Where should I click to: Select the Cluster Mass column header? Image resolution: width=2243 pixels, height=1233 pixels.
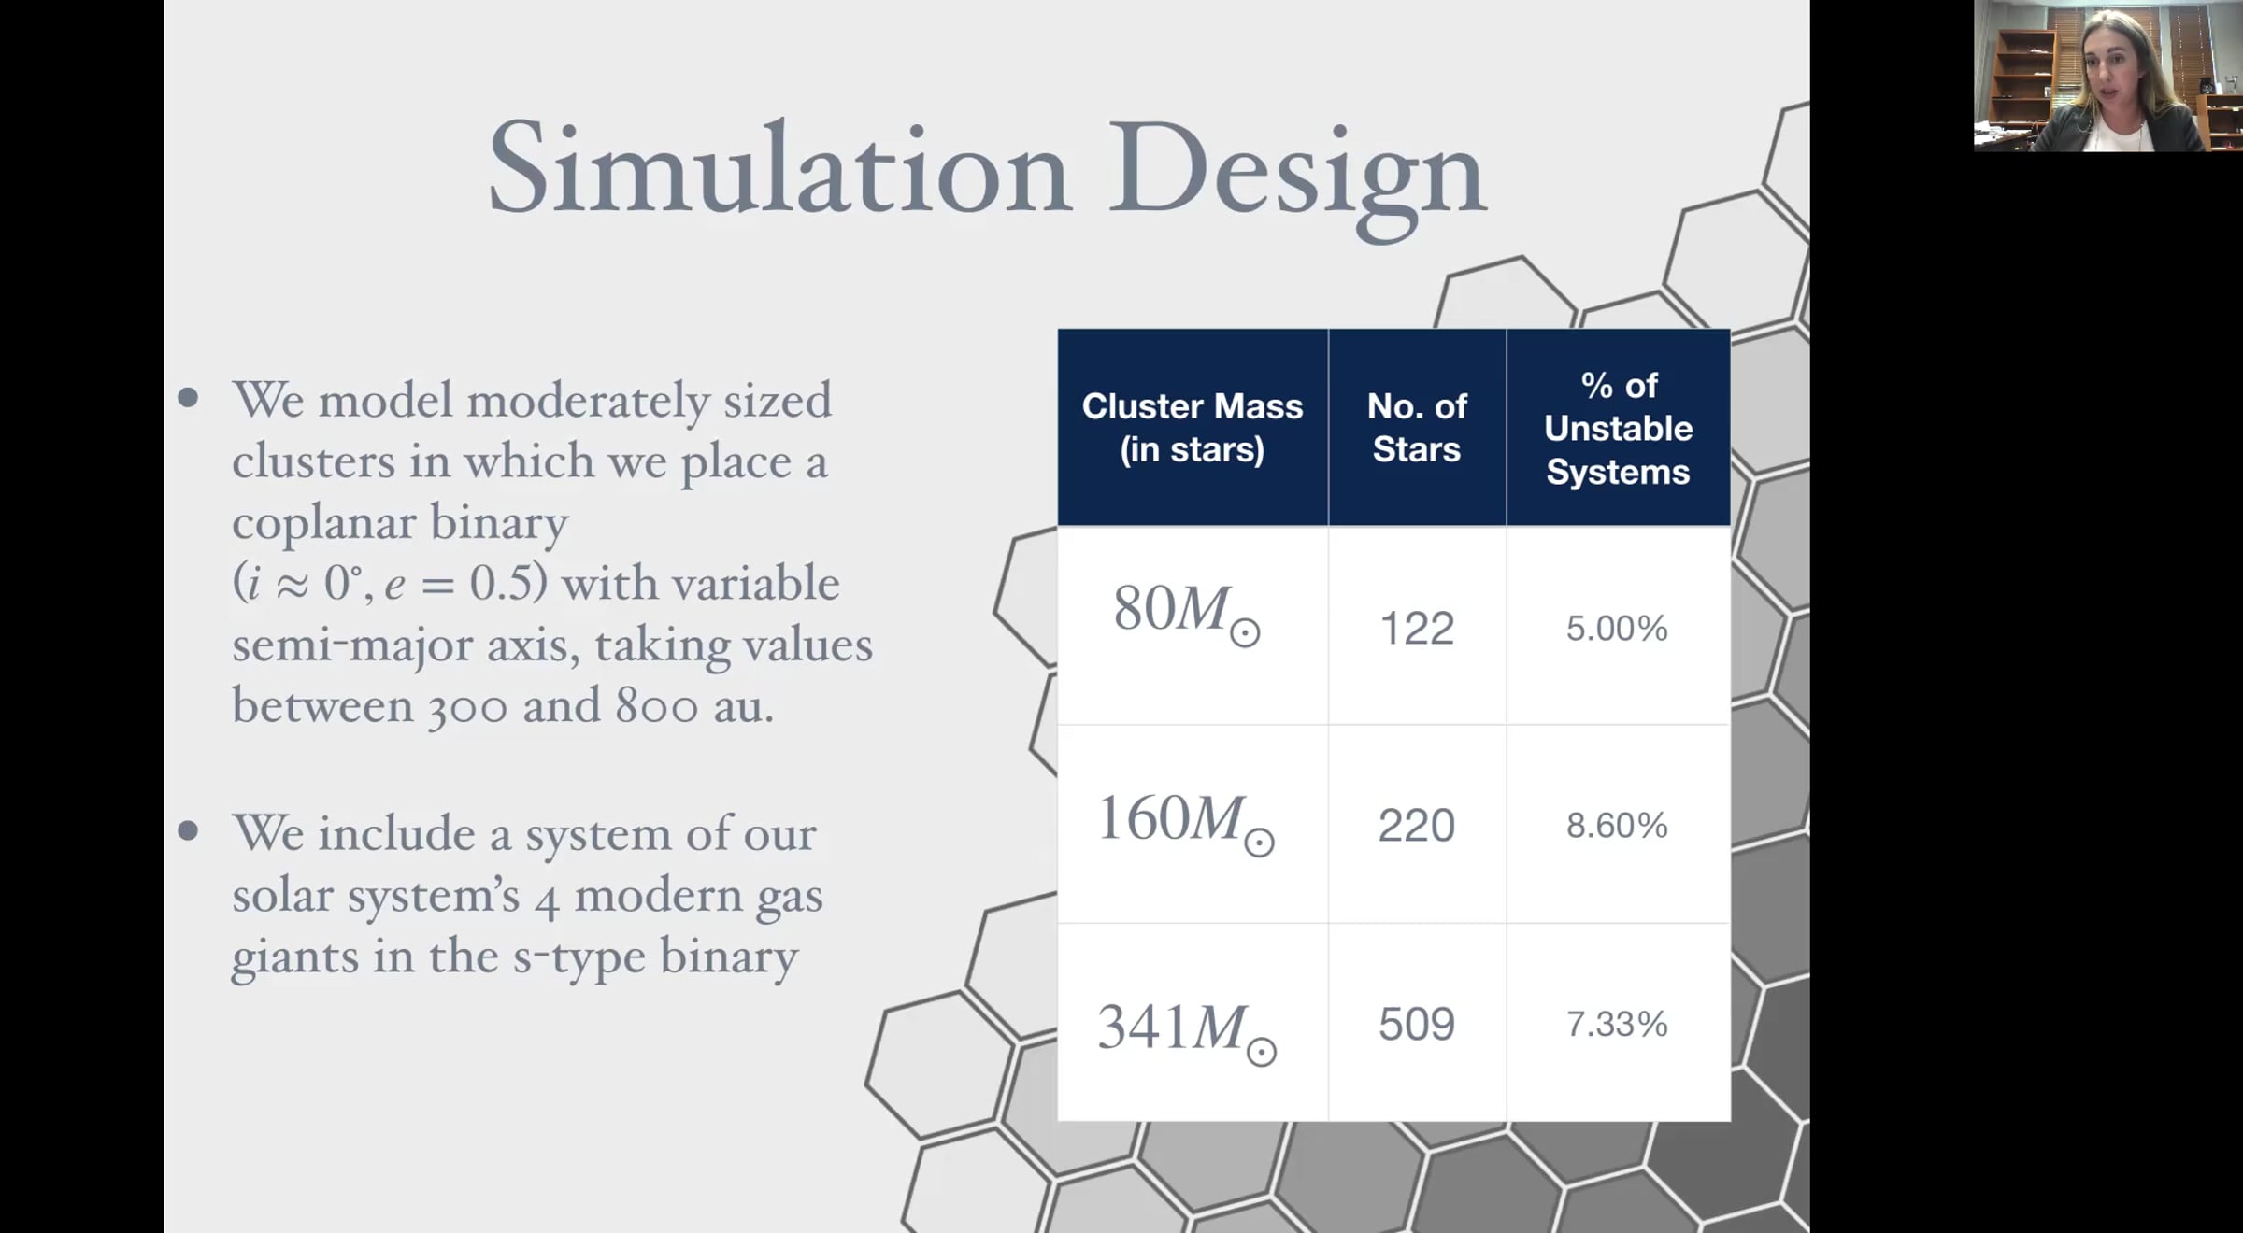pos(1193,428)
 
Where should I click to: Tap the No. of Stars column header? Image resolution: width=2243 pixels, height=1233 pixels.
pos(1417,428)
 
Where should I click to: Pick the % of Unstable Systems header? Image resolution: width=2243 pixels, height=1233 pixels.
pos(1619,428)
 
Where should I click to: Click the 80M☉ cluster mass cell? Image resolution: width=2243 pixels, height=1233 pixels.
pos(1186,613)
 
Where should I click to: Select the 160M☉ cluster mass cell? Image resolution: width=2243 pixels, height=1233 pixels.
pos(1185,822)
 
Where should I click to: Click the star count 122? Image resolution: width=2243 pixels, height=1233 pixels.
pos(1417,629)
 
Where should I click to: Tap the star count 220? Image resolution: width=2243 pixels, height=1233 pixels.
pos(1417,826)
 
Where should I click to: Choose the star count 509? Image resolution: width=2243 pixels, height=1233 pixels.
pos(1417,1025)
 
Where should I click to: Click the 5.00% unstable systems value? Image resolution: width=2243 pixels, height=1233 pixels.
pos(1617,629)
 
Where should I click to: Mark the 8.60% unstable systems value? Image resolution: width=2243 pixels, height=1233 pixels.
pos(1617,826)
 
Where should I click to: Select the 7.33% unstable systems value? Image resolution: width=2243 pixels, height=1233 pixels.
pos(1617,1025)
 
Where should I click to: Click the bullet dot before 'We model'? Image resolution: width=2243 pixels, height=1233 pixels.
pos(189,398)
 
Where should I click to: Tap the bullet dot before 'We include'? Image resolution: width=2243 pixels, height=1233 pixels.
pos(189,830)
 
